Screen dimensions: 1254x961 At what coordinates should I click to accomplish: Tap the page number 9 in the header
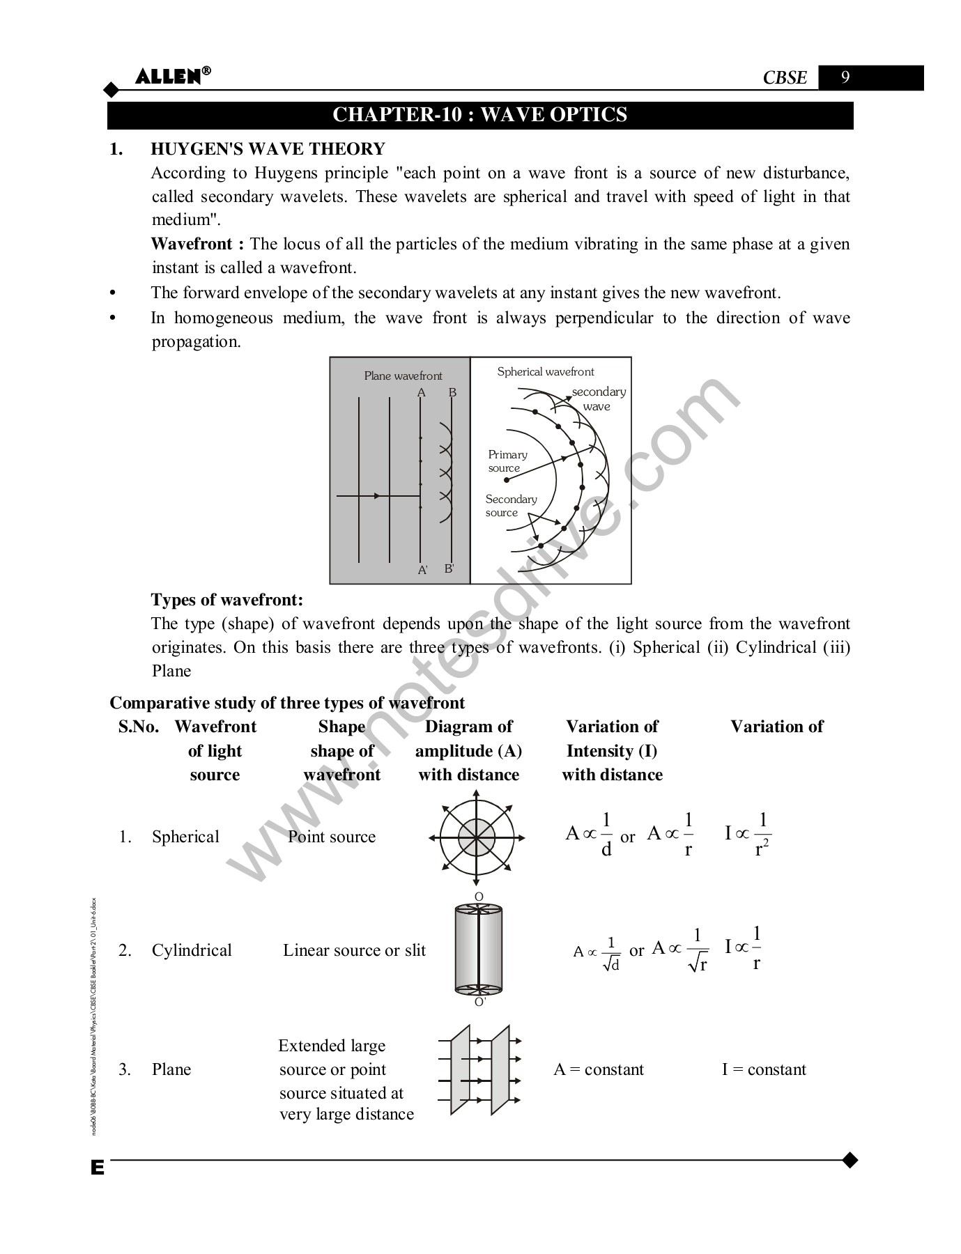[x=845, y=77]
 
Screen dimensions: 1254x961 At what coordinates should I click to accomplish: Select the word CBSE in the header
[x=785, y=78]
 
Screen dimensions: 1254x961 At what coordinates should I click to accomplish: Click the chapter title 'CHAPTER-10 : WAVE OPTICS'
[x=479, y=115]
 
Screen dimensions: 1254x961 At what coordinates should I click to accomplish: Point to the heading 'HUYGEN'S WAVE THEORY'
[x=268, y=149]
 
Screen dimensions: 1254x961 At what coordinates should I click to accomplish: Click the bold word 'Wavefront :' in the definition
[x=197, y=244]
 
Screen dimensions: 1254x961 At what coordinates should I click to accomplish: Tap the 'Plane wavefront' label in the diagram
[x=403, y=376]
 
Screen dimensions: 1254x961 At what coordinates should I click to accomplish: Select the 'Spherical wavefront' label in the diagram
[x=546, y=372]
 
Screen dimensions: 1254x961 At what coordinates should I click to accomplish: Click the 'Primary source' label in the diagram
[x=507, y=461]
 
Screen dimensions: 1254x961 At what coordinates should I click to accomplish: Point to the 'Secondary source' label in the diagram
[x=511, y=506]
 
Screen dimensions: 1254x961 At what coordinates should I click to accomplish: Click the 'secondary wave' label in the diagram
[x=598, y=398]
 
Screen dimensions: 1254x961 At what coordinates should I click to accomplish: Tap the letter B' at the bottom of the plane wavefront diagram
[x=449, y=568]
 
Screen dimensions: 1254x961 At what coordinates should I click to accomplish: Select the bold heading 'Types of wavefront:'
[x=227, y=600]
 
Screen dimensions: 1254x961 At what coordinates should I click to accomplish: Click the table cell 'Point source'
[x=332, y=837]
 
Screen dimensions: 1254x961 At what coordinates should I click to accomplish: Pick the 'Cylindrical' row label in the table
[x=192, y=950]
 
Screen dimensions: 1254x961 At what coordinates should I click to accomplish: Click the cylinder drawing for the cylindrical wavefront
[x=478, y=949]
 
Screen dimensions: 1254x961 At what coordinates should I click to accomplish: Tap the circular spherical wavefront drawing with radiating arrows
[x=477, y=837]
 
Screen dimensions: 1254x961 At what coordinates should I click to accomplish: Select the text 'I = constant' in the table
[x=764, y=1069]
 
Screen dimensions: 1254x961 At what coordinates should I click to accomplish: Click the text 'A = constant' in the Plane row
[x=599, y=1069]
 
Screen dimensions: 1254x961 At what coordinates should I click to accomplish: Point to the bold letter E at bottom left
[x=97, y=1168]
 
